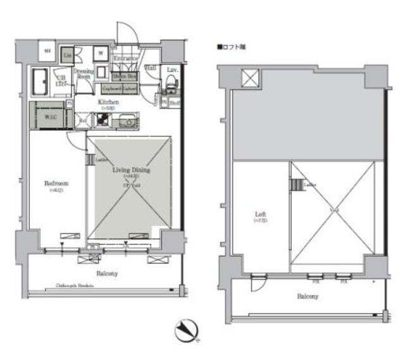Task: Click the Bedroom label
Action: click(55, 183)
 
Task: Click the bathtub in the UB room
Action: click(41, 80)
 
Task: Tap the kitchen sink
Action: click(126, 119)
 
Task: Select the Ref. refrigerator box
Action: click(82, 120)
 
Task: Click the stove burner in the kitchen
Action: click(102, 120)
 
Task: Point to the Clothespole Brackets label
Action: click(74, 286)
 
